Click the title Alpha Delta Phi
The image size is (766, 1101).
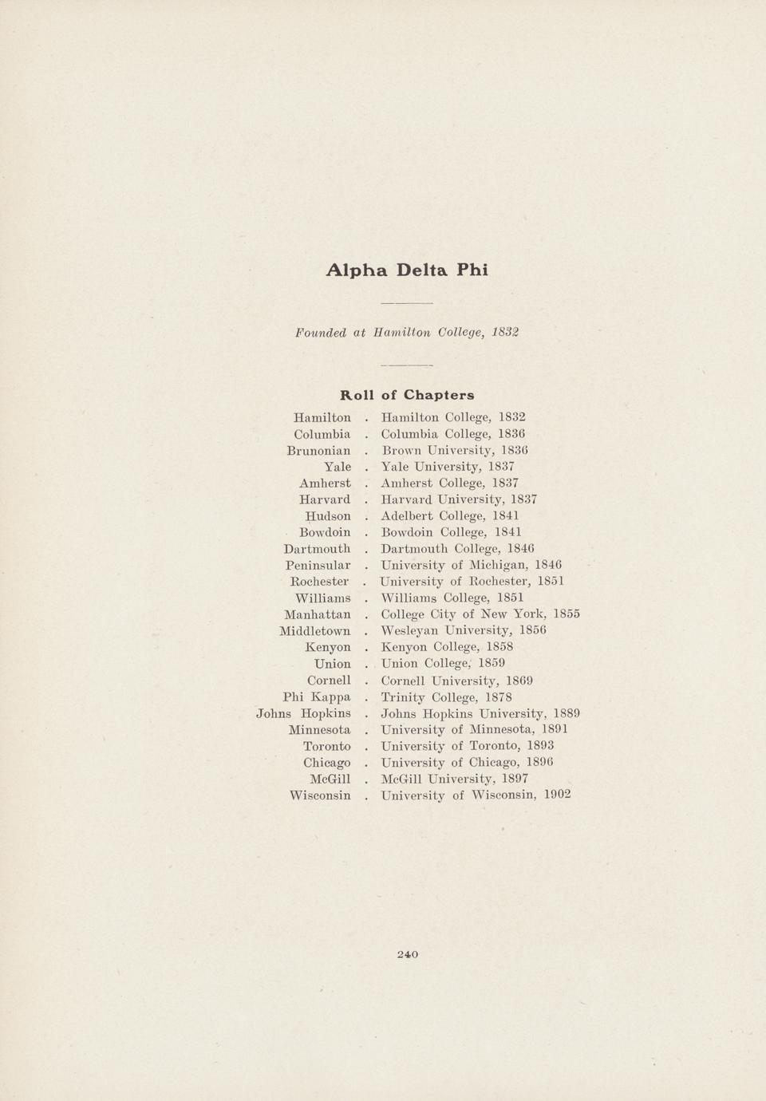[x=407, y=270]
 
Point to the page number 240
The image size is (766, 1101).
[x=407, y=954]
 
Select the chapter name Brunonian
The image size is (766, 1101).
[x=318, y=451]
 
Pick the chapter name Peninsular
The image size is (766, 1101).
[x=318, y=566]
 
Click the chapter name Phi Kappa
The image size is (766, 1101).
[x=317, y=697]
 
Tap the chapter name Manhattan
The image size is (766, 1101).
[x=317, y=615]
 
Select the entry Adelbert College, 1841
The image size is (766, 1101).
[x=450, y=516]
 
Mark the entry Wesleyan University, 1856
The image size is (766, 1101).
[x=464, y=631]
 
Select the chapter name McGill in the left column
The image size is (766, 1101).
[x=330, y=779]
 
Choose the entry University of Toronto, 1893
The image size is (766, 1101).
[x=467, y=746]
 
